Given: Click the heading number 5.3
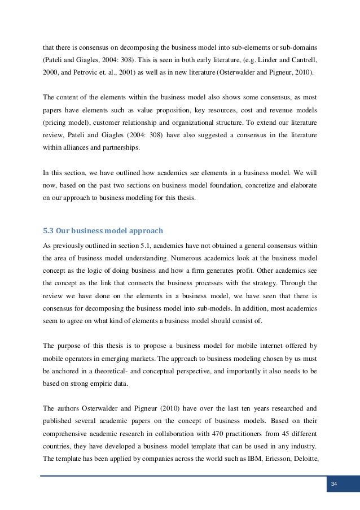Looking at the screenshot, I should (49, 231).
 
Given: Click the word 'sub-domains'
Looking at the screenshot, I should (300, 45).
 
